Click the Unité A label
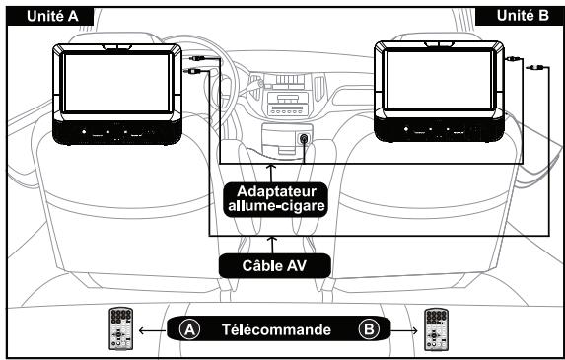pyautogui.click(x=34, y=15)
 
